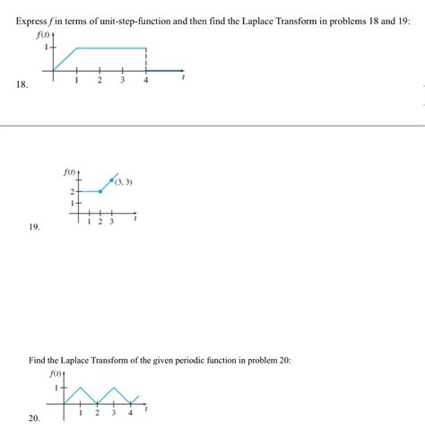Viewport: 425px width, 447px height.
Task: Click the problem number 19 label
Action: tap(34, 228)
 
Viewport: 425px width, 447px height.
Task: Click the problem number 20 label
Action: tap(34, 418)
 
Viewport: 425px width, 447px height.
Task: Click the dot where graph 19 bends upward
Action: tap(100, 191)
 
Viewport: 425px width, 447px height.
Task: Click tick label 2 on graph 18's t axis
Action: tap(100, 82)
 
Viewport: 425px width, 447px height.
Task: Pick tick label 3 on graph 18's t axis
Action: tap(123, 82)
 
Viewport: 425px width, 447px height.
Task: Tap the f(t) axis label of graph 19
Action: tap(69, 170)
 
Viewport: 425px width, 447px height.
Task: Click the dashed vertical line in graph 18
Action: tap(146, 59)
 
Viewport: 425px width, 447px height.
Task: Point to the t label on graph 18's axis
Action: tap(184, 79)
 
